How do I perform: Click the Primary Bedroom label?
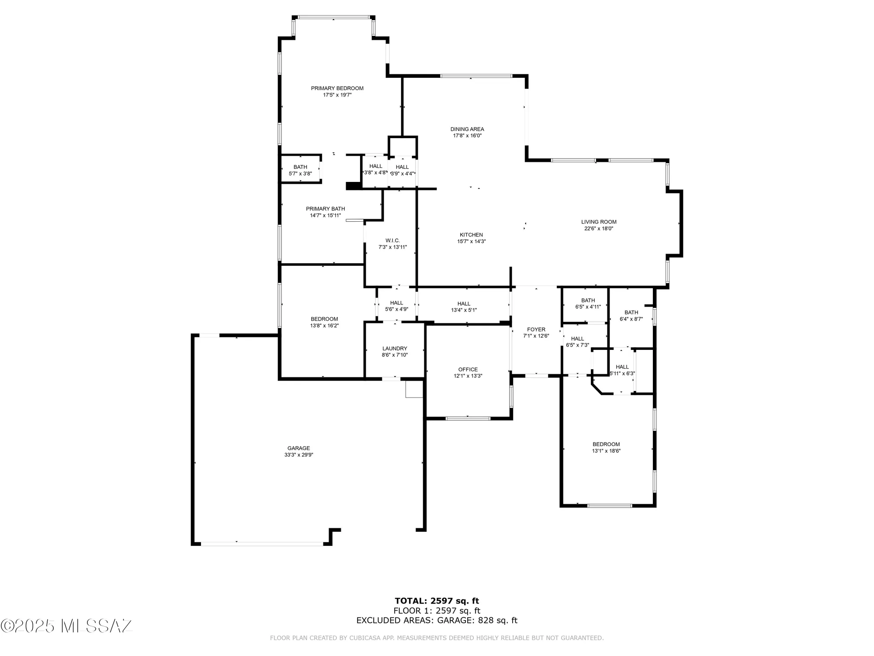[337, 88]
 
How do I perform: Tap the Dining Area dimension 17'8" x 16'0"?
[467, 136]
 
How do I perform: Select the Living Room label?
[599, 222]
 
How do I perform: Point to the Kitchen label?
[471, 235]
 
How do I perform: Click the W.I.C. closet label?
[392, 241]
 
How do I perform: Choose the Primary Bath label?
[325, 209]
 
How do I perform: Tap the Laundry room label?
[395, 349]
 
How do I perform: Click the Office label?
[468, 370]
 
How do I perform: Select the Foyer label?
[536, 330]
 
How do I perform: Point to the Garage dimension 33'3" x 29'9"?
[298, 455]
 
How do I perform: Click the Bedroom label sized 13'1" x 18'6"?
[606, 444]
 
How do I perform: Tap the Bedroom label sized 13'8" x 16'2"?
[324, 319]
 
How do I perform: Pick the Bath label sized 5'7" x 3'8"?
[300, 167]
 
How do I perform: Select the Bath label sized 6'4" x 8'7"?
[631, 312]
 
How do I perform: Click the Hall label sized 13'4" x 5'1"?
[464, 304]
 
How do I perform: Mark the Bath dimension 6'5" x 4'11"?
[588, 307]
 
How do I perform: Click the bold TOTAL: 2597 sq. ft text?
[437, 601]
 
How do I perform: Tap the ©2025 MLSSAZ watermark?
[66, 626]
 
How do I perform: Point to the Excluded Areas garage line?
[437, 620]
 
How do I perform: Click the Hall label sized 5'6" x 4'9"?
[396, 303]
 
